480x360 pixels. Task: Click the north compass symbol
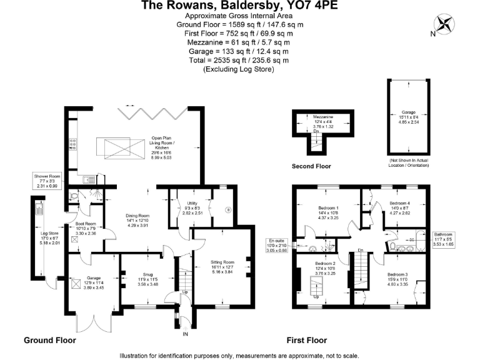[445, 26]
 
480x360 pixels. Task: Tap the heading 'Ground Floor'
[50, 341]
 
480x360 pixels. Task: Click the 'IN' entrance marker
[184, 335]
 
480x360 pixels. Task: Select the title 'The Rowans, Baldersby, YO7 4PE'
[239, 6]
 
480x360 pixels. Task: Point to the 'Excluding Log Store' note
[239, 69]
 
